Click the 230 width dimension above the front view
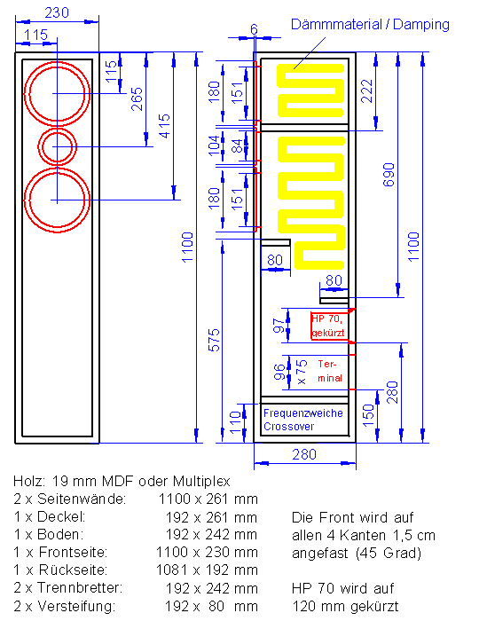pyautogui.click(x=57, y=12)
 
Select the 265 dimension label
pyautogui.click(x=137, y=99)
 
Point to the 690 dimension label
pyautogui.click(x=389, y=174)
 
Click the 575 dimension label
pyautogui.click(x=214, y=340)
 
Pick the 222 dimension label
pyautogui.click(x=367, y=91)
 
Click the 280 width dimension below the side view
pyautogui.click(x=304, y=454)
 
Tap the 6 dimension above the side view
pyautogui.click(x=254, y=29)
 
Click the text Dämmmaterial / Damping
pyautogui.click(x=370, y=25)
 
